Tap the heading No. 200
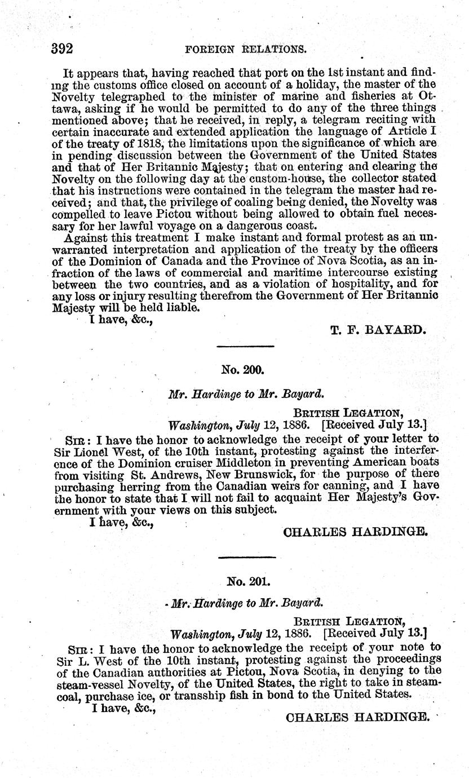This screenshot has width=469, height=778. [241, 370]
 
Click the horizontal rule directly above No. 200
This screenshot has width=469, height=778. [245, 347]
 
